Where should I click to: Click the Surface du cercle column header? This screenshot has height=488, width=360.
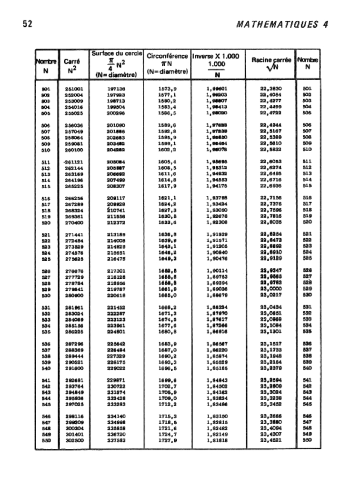click(x=117, y=63)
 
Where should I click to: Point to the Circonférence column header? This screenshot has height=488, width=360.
click(x=168, y=63)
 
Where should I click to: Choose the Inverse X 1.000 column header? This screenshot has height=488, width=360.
click(x=218, y=64)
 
